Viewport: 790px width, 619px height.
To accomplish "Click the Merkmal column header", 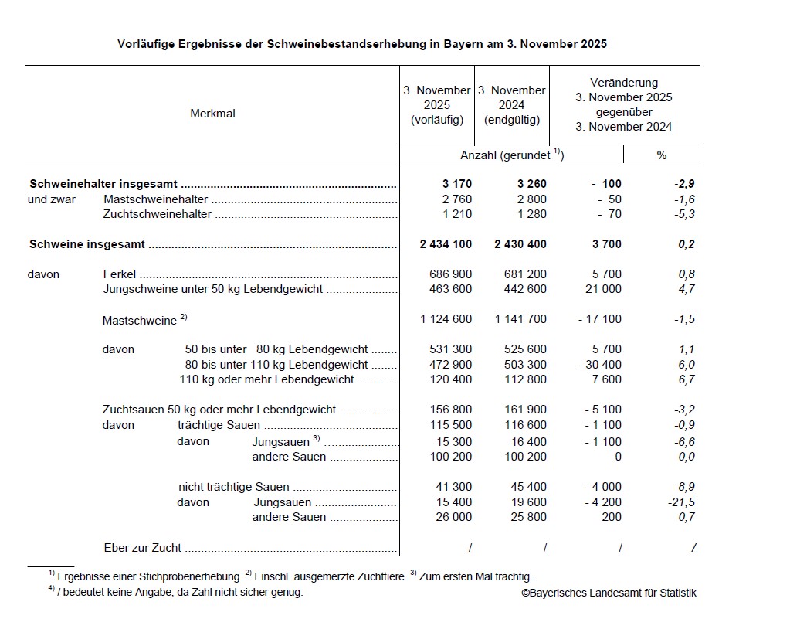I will pyautogui.click(x=212, y=114).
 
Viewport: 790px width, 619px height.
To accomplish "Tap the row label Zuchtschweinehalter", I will pyautogui.click(x=158, y=214).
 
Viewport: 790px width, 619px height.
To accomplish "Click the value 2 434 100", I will pyautogui.click(x=446, y=244).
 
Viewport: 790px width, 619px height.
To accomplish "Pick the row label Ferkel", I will pyautogui.click(x=119, y=274).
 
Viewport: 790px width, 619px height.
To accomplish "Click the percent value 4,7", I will pyautogui.click(x=687, y=289).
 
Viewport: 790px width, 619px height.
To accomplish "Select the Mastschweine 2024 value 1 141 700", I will pyautogui.click(x=520, y=320).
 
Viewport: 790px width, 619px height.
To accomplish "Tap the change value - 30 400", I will pyautogui.click(x=599, y=365).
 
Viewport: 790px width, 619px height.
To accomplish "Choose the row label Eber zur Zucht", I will pyautogui.click(x=142, y=548).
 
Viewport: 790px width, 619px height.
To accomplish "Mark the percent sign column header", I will pyautogui.click(x=661, y=155).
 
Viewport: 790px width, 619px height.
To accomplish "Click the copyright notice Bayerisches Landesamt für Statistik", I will pyautogui.click(x=608, y=593).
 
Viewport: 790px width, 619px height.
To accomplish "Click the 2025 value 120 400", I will pyautogui.click(x=450, y=379).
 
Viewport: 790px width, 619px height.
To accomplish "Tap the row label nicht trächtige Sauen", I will pyautogui.click(x=233, y=487).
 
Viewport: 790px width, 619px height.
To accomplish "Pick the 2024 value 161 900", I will pyautogui.click(x=525, y=410).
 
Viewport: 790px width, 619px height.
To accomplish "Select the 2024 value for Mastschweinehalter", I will pyautogui.click(x=529, y=199).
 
